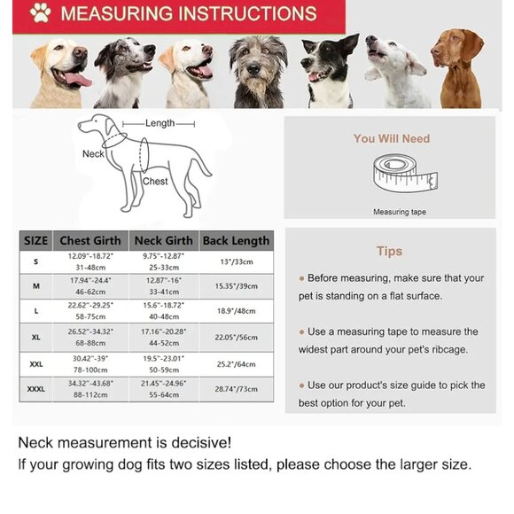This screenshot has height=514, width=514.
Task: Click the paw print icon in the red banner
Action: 40,14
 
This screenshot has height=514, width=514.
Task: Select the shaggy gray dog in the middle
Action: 257,71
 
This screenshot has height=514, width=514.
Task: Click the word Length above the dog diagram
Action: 160,123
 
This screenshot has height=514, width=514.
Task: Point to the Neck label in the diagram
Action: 93,154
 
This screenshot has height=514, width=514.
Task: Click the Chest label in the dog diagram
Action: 155,182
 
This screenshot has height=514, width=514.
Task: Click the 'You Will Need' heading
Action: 391,138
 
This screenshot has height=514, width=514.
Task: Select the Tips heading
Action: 389,252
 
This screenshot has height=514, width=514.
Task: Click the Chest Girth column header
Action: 91,240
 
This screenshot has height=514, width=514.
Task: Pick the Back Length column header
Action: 236,240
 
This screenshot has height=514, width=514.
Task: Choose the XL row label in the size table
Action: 36,338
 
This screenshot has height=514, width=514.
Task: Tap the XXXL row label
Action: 36,388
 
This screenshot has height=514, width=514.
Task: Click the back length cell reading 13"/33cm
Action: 236,261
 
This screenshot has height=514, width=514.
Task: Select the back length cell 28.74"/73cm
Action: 236,388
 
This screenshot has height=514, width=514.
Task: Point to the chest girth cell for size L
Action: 91,311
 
